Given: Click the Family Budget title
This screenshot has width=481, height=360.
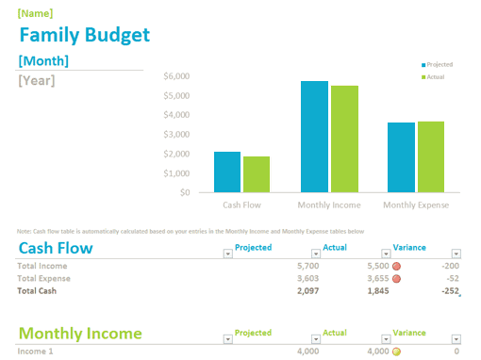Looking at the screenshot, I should point(84,36).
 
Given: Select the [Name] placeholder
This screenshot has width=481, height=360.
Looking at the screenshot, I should point(36,14).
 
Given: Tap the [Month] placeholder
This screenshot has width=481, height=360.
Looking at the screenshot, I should point(43,61).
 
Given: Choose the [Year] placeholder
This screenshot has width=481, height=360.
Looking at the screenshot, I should point(37,80).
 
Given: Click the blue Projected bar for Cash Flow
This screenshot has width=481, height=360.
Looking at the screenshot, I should point(227,172).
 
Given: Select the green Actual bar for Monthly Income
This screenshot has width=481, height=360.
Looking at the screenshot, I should point(344,139).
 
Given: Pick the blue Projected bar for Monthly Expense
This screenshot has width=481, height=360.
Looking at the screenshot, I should point(401,157).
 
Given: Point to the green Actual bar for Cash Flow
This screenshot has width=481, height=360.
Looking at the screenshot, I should point(256,174).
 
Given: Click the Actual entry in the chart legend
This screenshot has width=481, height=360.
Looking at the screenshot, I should point(435,77).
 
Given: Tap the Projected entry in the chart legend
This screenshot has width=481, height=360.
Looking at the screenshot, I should point(439,65).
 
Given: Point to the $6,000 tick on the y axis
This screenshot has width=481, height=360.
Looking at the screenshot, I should point(176,75).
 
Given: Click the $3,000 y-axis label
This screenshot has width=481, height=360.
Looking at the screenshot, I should point(176,134).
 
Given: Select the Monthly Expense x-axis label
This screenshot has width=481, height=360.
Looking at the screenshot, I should point(416,205).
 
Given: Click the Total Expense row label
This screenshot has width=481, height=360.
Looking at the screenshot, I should point(43,279).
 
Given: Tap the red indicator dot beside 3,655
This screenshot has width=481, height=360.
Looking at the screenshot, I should point(396,279).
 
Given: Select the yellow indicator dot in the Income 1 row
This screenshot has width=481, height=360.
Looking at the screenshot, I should point(396,352).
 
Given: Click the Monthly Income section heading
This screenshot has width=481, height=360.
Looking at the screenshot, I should point(80,333).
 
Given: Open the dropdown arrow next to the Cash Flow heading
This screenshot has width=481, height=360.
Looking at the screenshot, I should point(227,253).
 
